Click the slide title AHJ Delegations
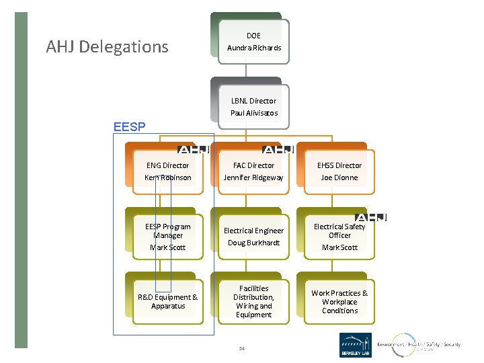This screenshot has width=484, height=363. [107, 47]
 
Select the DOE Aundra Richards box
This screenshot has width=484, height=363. [254, 42]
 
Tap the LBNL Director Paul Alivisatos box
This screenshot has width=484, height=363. [254, 107]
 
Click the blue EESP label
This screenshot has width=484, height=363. [129, 126]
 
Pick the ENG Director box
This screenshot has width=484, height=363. [167, 171]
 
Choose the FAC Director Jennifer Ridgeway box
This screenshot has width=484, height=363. [254, 171]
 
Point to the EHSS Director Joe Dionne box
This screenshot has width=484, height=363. [339, 171]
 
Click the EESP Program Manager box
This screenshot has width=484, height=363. [167, 237]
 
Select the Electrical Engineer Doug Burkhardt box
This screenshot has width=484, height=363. [254, 237]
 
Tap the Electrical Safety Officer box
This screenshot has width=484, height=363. [339, 237]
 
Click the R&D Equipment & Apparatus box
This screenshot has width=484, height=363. [167, 301]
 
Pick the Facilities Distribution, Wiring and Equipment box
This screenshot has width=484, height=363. [254, 301]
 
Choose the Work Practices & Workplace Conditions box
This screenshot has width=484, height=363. [339, 301]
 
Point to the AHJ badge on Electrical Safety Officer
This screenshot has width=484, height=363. [370, 216]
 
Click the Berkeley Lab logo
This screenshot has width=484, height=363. [355, 345]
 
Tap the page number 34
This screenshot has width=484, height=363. [241, 348]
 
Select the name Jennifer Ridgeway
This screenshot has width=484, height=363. [254, 177]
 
